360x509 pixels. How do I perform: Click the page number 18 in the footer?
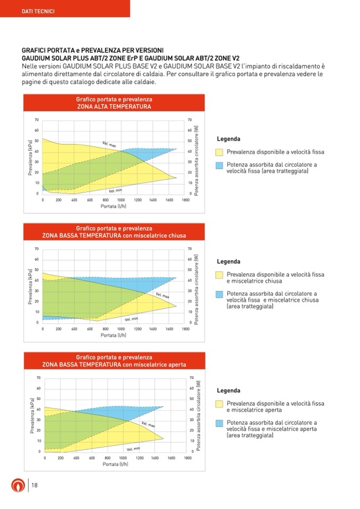click(x=34, y=485)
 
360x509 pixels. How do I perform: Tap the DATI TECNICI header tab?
click(x=37, y=11)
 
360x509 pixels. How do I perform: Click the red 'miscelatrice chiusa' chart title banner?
click(x=114, y=232)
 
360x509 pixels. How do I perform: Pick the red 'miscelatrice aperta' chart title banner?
click(x=114, y=361)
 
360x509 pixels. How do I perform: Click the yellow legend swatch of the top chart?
click(x=219, y=152)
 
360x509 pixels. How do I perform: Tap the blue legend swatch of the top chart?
click(x=219, y=165)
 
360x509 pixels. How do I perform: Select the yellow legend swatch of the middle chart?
click(x=219, y=275)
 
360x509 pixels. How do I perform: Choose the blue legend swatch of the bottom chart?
click(x=219, y=423)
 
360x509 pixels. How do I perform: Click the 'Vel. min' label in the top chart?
click(x=115, y=190)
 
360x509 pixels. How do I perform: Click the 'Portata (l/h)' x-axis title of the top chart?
click(x=114, y=206)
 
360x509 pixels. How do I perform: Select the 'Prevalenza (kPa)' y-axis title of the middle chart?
click(x=30, y=286)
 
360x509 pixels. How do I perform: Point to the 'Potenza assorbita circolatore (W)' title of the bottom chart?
click(x=199, y=415)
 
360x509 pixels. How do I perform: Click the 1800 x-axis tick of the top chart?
click(x=185, y=200)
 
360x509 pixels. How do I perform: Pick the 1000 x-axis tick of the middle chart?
click(x=122, y=329)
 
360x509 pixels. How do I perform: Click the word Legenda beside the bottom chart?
click(x=228, y=391)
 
